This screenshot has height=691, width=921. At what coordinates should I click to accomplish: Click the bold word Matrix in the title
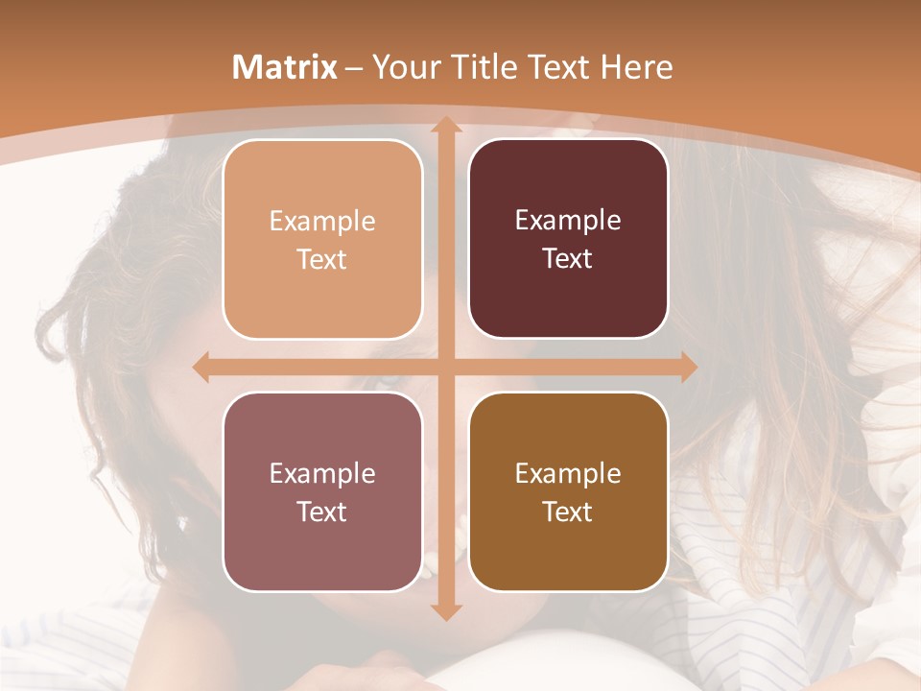pyautogui.click(x=285, y=67)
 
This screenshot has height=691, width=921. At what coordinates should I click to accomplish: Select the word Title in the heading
pyautogui.click(x=477, y=67)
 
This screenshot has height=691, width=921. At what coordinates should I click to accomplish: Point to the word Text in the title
pyautogui.click(x=555, y=67)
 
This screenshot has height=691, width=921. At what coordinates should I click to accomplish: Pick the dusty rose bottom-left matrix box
pyautogui.click(x=322, y=547)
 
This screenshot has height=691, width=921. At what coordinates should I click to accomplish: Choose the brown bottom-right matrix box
pyautogui.click(x=568, y=547)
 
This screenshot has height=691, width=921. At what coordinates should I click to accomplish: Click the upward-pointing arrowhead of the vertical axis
pyautogui.click(x=445, y=125)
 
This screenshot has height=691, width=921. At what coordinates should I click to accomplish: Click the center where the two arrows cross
pyautogui.click(x=445, y=368)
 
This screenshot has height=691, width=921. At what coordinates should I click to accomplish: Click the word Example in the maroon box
pyautogui.click(x=568, y=220)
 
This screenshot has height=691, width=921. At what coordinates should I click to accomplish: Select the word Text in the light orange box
pyautogui.click(x=322, y=259)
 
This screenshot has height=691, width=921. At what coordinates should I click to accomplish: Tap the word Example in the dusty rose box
pyautogui.click(x=322, y=473)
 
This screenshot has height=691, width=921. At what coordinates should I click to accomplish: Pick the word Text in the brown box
pyautogui.click(x=568, y=512)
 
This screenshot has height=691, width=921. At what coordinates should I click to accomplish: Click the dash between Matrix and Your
pyautogui.click(x=354, y=68)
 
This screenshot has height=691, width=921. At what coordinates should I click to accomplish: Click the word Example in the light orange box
pyautogui.click(x=322, y=221)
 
